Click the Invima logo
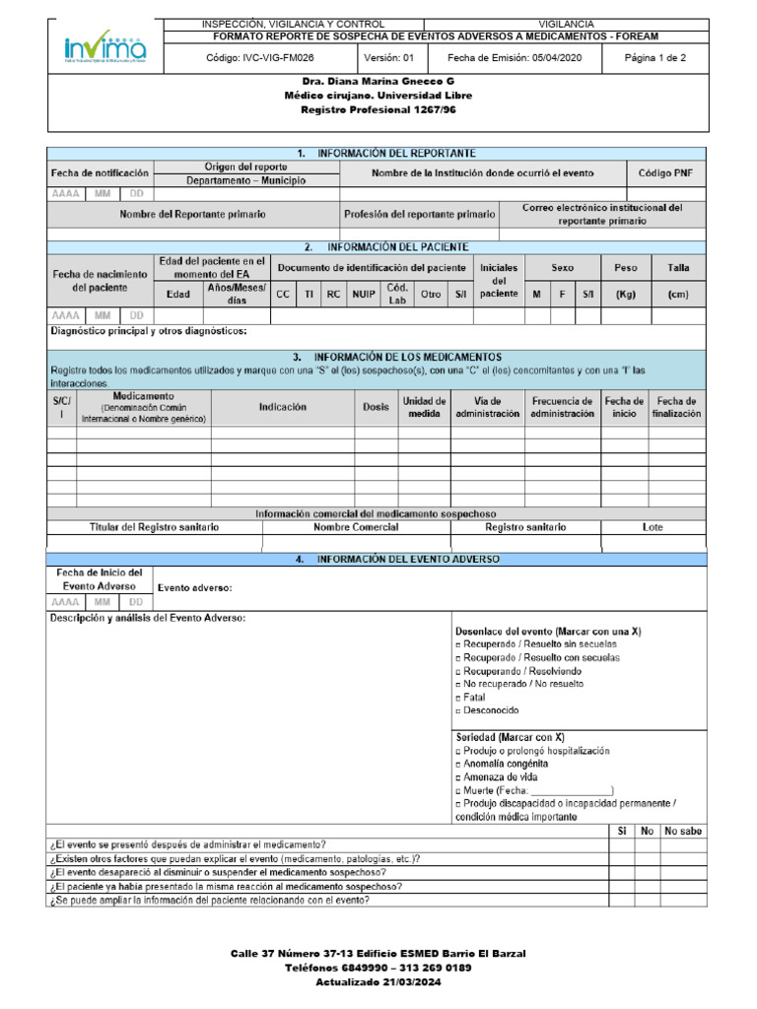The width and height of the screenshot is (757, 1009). (x=105, y=47)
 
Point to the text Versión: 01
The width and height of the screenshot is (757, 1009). (x=389, y=58)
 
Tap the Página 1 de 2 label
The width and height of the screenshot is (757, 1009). (x=655, y=58)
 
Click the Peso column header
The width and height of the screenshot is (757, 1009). (x=626, y=267)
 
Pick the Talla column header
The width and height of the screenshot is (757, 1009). (x=678, y=267)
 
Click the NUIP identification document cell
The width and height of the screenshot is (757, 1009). (x=364, y=294)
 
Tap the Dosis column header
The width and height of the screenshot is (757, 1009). (x=376, y=407)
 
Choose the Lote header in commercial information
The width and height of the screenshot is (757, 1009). (x=653, y=527)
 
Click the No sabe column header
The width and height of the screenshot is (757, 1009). (x=683, y=831)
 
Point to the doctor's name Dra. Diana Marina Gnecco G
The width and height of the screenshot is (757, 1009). (x=378, y=82)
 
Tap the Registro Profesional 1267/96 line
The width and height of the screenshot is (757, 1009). (x=378, y=109)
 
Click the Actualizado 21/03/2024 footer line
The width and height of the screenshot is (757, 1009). (x=378, y=981)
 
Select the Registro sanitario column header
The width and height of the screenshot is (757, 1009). (x=525, y=527)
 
